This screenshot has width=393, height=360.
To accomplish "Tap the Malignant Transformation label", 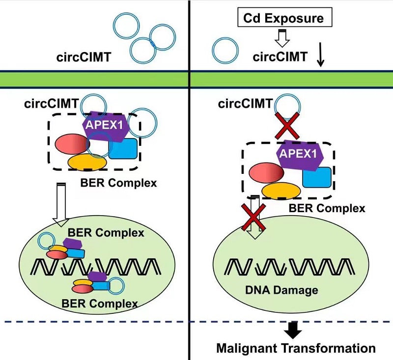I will pos(296,349).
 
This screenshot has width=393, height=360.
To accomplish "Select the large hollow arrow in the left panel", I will pos(61,204).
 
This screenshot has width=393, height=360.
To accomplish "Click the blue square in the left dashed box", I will pos(122,148).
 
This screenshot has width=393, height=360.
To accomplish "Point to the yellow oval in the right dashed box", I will pos(281,190).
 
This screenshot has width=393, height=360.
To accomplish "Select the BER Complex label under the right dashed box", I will pos(327,208).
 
